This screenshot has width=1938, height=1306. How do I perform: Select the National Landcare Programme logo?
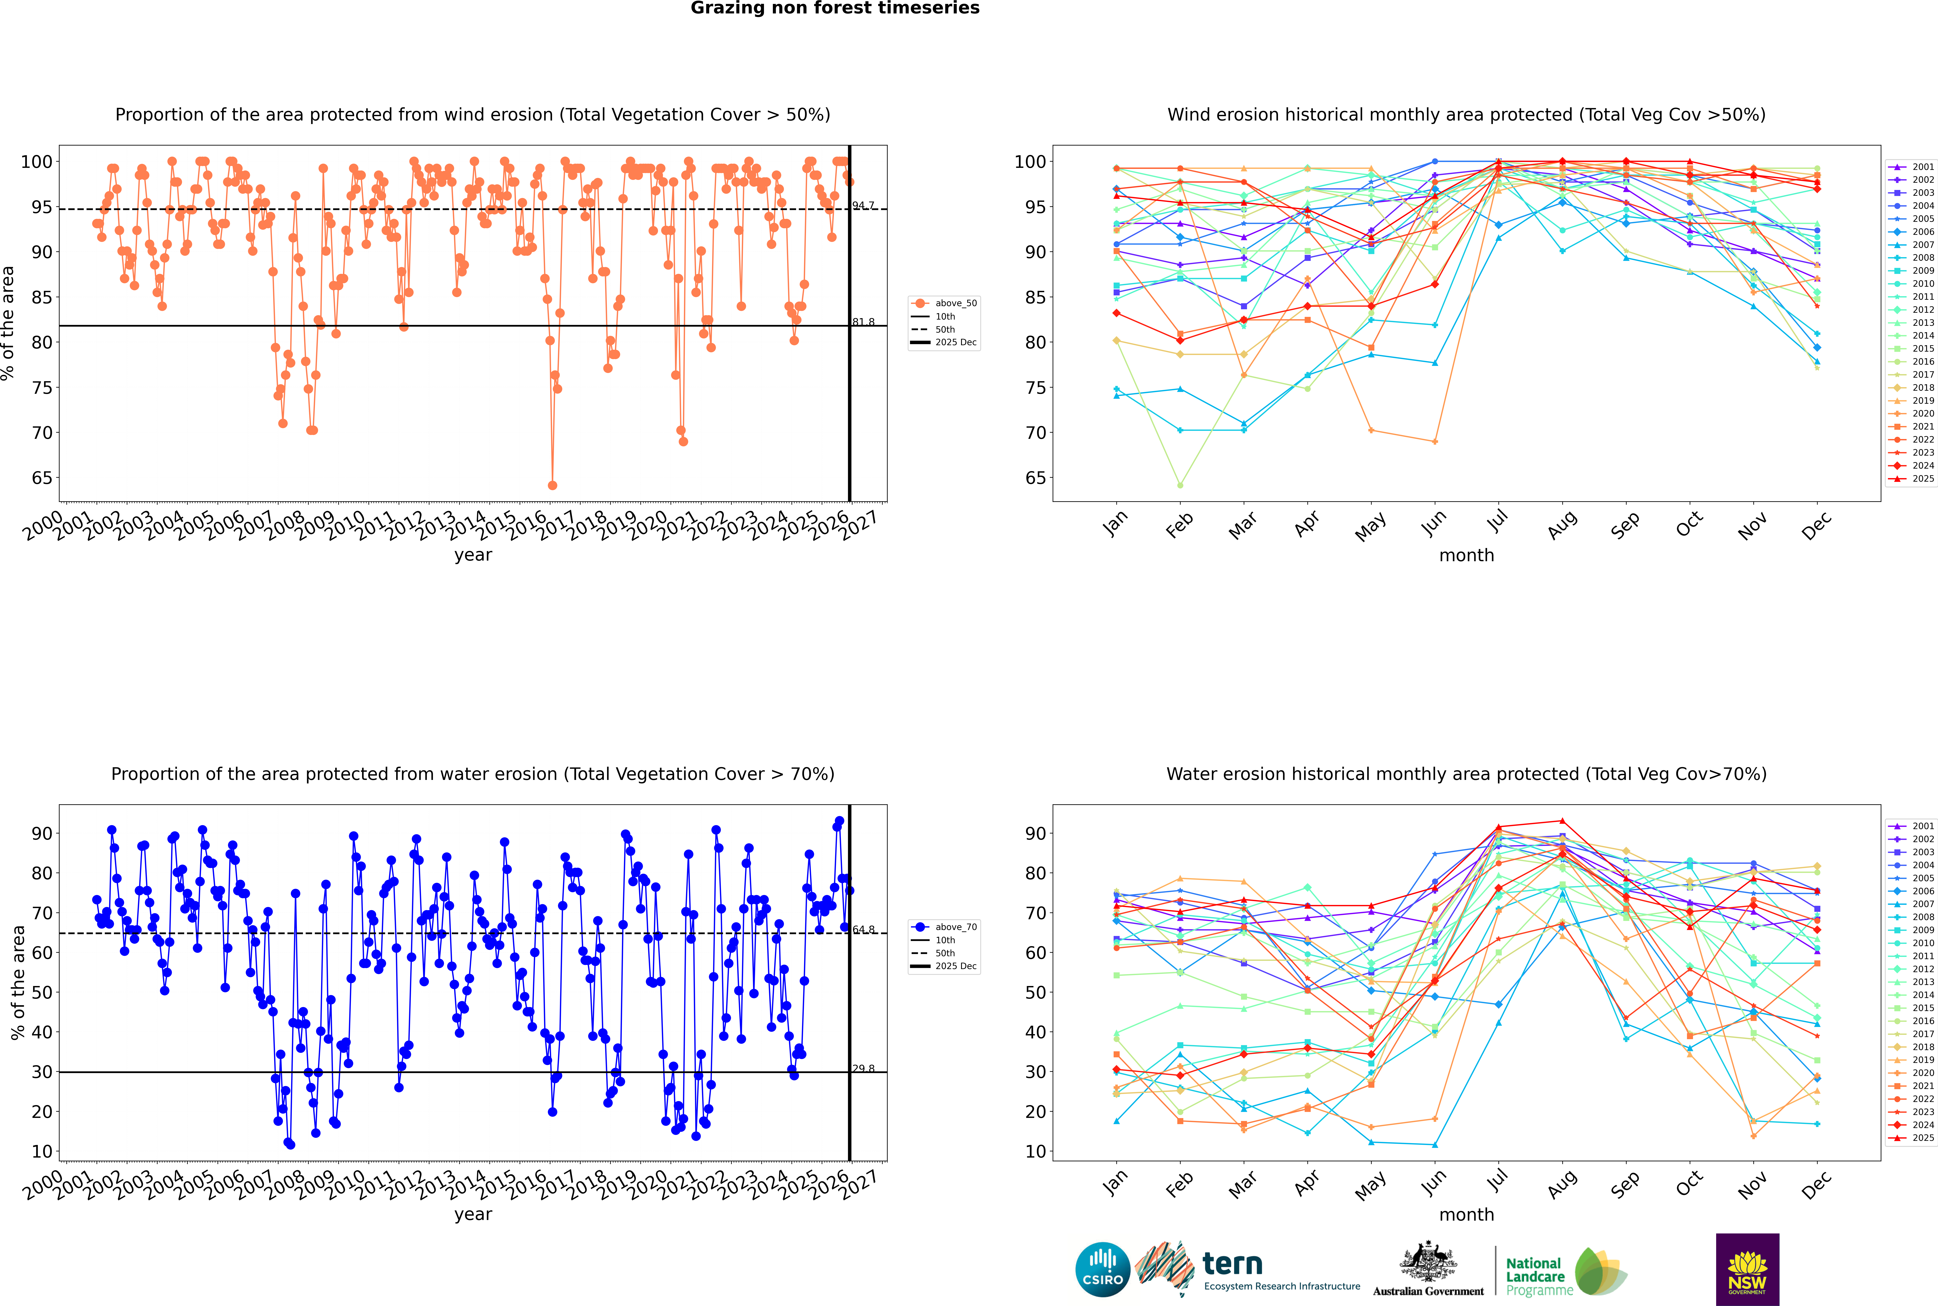[x=1565, y=1272]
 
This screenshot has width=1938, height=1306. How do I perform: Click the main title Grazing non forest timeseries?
[x=835, y=8]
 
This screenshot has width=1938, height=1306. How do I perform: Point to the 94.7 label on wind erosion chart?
[x=863, y=206]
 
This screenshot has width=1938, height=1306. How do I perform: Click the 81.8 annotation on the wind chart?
[x=863, y=322]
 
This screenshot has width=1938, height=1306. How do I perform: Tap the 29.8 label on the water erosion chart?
[x=863, y=1069]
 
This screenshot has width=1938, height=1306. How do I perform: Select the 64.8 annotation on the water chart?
[x=863, y=930]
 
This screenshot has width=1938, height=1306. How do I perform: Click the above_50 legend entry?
[x=955, y=303]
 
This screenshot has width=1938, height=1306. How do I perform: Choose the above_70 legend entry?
[x=955, y=927]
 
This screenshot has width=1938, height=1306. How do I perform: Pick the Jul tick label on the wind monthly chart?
[x=1497, y=521]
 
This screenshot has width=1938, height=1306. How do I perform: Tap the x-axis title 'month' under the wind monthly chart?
[x=1466, y=556]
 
